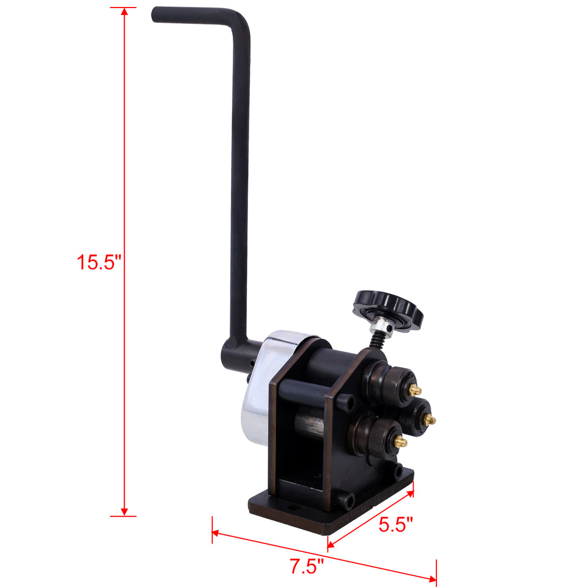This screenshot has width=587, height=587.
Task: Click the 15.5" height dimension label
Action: tap(99, 263)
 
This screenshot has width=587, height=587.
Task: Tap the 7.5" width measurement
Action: tap(307, 566)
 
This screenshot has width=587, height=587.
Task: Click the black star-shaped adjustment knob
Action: tap(388, 310)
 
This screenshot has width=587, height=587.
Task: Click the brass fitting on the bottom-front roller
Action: tap(400, 442)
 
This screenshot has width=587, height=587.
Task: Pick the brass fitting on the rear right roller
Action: tap(430, 421)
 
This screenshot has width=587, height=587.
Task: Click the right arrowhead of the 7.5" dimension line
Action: tap(433, 580)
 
